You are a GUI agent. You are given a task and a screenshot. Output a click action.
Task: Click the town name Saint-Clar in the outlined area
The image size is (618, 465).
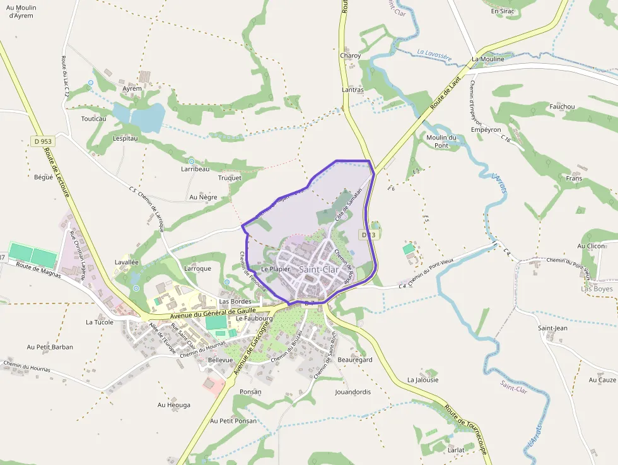[318, 269]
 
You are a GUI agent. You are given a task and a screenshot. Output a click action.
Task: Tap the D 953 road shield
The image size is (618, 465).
[42, 141]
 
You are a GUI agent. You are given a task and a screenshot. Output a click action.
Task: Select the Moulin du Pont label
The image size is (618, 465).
[441, 141]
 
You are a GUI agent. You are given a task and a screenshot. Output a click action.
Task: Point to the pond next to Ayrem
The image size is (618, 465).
[147, 117]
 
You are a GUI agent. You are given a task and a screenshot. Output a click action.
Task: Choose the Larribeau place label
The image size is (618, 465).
[195, 169]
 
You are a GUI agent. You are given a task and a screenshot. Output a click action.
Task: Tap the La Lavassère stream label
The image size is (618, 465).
[434, 56]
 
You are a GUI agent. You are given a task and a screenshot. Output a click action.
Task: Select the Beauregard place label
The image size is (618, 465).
[355, 360]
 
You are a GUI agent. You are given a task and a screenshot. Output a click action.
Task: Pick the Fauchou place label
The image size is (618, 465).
[562, 107]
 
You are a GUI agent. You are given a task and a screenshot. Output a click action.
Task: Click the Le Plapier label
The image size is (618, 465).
[276, 269]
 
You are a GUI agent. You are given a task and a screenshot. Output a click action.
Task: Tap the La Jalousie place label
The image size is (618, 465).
[423, 380]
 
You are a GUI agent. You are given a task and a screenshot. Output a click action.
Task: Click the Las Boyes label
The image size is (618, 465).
[596, 288]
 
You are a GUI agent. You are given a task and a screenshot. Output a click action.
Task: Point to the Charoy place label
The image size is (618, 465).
[351, 56]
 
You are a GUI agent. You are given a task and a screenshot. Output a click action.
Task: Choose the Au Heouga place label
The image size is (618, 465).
[174, 404]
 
